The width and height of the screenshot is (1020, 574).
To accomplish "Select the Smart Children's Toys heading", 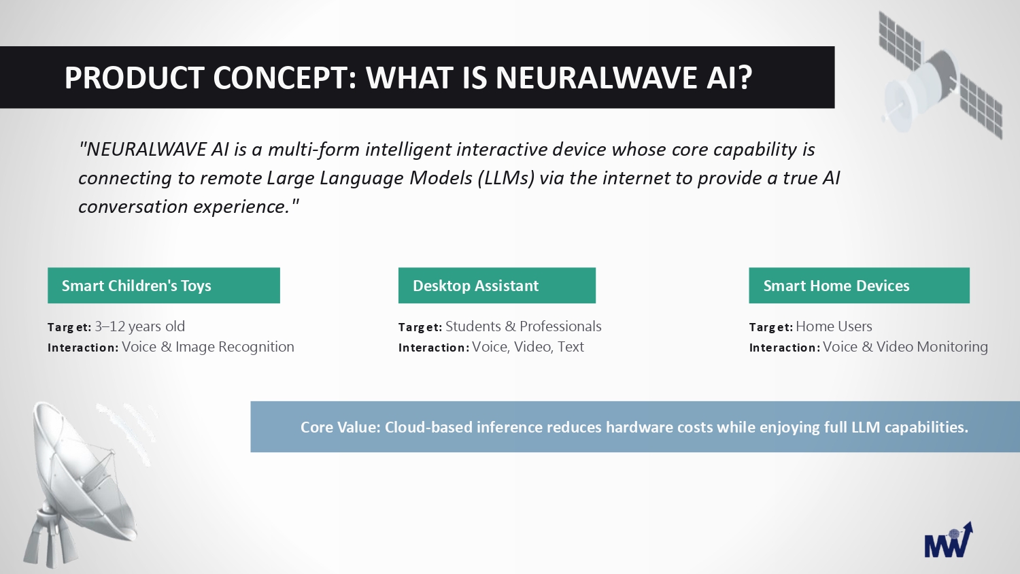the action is [137, 286].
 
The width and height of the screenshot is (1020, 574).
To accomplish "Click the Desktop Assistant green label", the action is [497, 286].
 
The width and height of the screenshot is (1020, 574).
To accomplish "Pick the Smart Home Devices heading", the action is [836, 286].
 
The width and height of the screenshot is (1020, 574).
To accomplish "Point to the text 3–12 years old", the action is [140, 326].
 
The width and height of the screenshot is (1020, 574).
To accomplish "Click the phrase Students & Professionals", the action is [523, 326].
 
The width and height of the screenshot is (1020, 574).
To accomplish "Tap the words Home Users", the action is [834, 326].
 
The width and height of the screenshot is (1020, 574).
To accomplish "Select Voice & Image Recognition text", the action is [208, 347].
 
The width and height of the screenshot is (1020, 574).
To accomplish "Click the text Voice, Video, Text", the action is [528, 347].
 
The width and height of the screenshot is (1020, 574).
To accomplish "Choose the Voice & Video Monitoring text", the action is [905, 347].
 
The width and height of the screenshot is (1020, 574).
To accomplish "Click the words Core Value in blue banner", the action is [340, 427].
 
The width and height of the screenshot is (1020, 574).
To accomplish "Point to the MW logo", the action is [949, 540].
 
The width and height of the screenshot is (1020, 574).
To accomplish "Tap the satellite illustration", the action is [940, 75].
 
